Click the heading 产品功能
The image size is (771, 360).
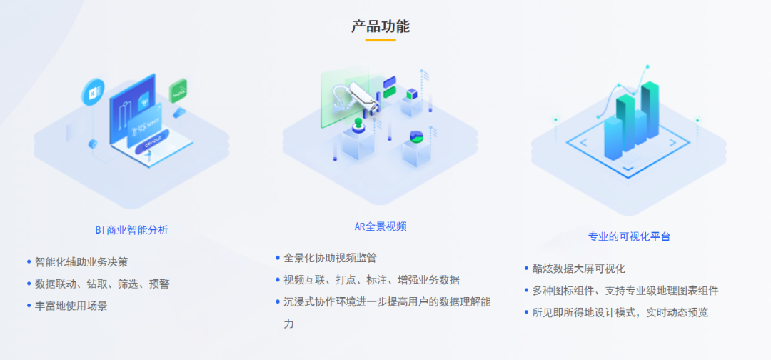tap(381, 26)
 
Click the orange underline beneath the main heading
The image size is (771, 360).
tap(381, 40)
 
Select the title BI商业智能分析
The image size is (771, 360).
tap(132, 230)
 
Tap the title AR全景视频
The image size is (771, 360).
tap(381, 226)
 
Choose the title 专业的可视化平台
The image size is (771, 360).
tap(629, 236)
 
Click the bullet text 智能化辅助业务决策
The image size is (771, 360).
tap(81, 262)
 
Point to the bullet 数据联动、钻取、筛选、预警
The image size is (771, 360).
tap(102, 284)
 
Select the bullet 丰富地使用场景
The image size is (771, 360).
tap(71, 305)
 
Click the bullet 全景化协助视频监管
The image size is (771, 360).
tap(330, 258)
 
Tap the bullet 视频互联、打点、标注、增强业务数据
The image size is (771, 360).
tap(371, 279)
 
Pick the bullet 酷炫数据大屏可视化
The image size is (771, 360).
tap(579, 269)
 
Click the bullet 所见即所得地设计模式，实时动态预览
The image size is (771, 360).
tap(620, 312)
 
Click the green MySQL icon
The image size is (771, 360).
tap(178, 91)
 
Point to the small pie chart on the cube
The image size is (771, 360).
tap(417, 136)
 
